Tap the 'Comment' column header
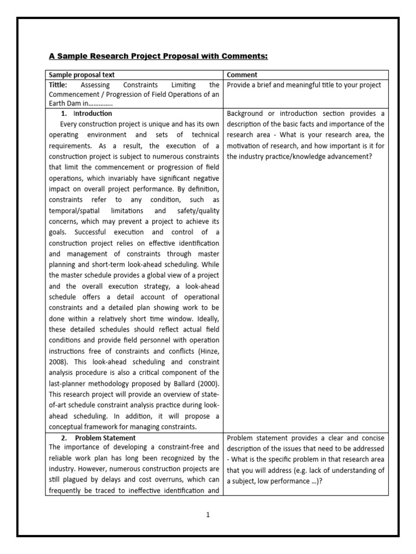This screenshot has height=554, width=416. pyautogui.click(x=242, y=75)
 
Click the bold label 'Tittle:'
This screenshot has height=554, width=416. pyautogui.click(x=58, y=85)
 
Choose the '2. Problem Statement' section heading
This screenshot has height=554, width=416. pyautogui.click(x=100, y=438)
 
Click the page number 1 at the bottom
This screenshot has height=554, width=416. pyautogui.click(x=207, y=515)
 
